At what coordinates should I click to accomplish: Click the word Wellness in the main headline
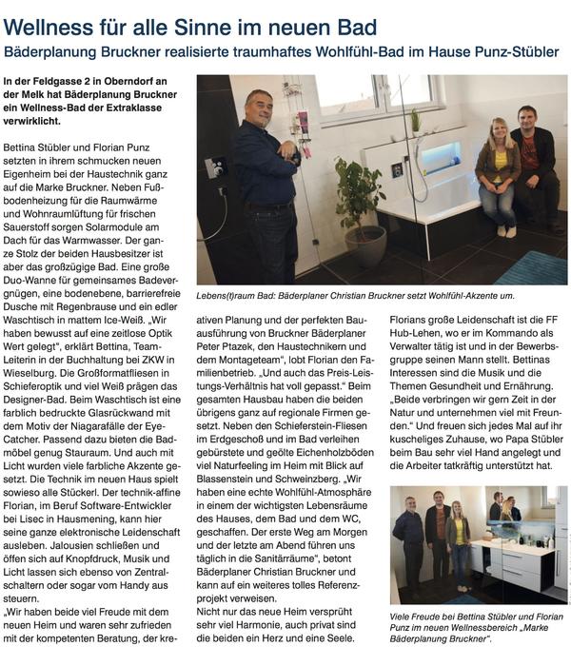coord(56,26)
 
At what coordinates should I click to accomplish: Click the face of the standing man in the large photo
coord(257,106)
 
